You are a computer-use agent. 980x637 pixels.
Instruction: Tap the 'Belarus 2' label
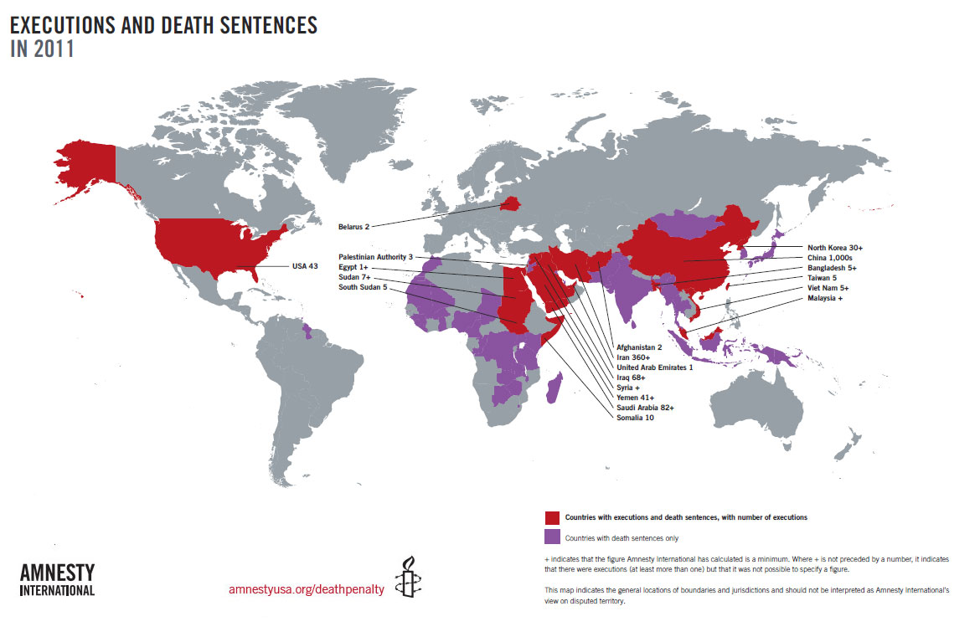353,226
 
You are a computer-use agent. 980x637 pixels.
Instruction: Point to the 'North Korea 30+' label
840,248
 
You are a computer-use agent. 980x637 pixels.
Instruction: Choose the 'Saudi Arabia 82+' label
645,407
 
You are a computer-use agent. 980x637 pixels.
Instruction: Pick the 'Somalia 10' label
635,417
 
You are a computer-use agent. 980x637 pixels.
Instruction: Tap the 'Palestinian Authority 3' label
376,257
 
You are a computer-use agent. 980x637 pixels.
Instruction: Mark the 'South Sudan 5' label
364,287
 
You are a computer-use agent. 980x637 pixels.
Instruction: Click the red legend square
552,517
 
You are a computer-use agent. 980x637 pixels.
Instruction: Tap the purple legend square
552,537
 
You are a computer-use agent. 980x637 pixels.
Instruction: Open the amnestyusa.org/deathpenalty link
306,589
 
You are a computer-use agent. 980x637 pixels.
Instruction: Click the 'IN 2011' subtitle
42,49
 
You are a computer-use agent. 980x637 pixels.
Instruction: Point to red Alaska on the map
84,163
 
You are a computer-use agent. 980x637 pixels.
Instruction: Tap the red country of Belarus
509,203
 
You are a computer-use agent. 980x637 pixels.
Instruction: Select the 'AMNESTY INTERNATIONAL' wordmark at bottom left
57,579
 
